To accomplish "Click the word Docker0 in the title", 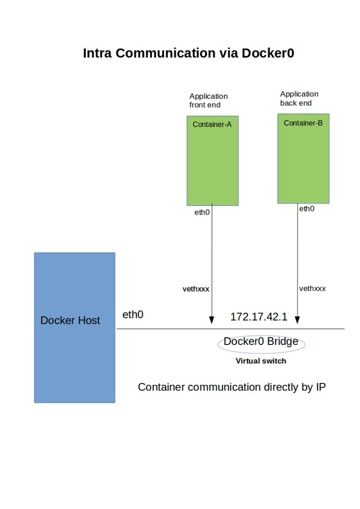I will [x=268, y=53].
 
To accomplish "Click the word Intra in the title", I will [x=97, y=53].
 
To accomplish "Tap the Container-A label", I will [x=212, y=125].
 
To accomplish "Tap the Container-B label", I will [x=303, y=123].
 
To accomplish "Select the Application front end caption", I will [x=208, y=100].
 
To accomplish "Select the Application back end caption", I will [x=299, y=98].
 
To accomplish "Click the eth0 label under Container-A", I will [x=202, y=212].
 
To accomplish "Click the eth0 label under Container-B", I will [x=307, y=209].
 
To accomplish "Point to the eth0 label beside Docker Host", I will [x=133, y=315].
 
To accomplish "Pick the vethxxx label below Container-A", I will [x=195, y=289].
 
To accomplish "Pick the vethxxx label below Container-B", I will [x=312, y=288].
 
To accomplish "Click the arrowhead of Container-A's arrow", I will [x=211, y=320].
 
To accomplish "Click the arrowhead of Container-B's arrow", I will [x=297, y=320].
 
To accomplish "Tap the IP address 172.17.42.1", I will [x=258, y=317].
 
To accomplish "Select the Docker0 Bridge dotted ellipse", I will [x=261, y=344].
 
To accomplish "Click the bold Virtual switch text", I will [x=261, y=361].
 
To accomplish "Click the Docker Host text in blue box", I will [x=70, y=321].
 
